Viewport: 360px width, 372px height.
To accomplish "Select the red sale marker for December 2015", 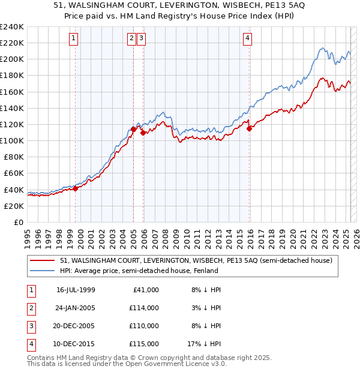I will coord(248,127).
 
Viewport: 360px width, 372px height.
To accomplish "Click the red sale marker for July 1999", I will coord(76,188).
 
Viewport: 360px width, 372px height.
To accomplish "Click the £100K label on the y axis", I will coord(12,140).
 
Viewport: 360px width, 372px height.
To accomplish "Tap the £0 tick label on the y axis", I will coord(18,222).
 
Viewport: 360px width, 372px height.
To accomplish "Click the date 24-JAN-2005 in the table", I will coord(76,308).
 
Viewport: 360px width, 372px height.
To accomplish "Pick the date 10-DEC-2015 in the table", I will coord(76,344).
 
